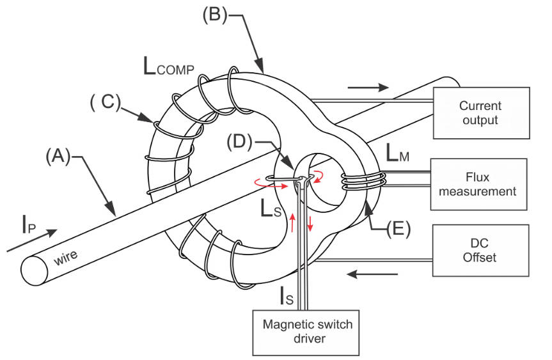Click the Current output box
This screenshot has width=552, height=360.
(x=481, y=113)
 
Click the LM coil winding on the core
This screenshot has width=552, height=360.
(x=361, y=181)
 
